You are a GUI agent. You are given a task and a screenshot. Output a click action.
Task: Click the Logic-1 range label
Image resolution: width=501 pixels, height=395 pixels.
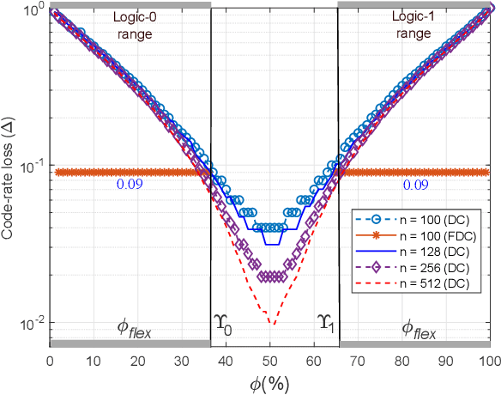(413, 26)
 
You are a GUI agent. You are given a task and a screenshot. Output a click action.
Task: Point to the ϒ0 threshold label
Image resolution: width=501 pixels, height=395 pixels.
(223, 323)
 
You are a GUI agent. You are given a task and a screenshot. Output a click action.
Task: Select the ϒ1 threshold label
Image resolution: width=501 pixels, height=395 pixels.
(325, 323)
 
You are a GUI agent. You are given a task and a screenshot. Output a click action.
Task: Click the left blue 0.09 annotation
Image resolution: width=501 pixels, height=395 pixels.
(127, 184)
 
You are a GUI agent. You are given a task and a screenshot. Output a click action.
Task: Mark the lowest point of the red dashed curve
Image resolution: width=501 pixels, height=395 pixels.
(271, 325)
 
